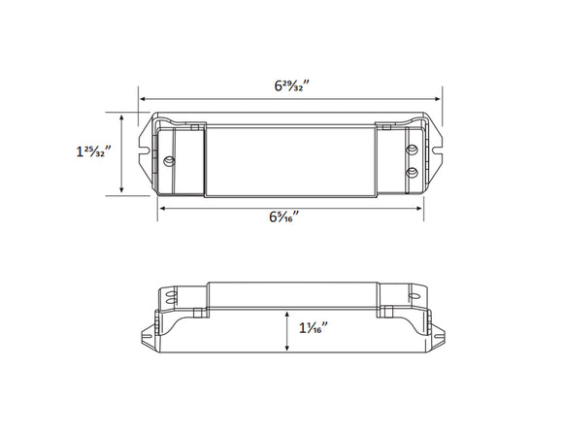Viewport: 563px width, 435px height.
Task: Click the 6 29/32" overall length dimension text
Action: (290, 84)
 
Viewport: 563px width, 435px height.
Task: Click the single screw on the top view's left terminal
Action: (172, 158)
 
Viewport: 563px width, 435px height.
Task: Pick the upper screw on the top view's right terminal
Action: (412, 150)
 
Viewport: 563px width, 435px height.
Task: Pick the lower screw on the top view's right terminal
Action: (412, 172)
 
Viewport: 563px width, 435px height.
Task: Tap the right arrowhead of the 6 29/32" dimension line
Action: (440, 98)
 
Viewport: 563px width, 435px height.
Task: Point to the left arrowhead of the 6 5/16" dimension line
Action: (162, 208)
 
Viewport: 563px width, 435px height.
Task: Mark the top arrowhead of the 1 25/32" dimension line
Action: (121, 116)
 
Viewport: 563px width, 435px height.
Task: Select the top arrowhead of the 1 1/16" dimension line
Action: (287, 316)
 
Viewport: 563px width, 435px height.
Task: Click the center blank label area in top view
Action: (290, 160)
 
